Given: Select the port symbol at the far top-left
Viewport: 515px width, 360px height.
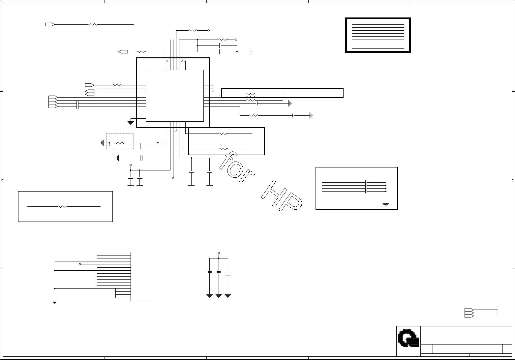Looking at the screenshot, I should [50, 24].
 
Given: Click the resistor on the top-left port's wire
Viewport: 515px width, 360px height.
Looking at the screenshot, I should [93, 24].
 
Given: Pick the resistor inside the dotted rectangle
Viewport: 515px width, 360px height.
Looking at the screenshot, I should [120, 143].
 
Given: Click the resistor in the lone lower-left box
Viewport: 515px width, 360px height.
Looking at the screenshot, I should [62, 206].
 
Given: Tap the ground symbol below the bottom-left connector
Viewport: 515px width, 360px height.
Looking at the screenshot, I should [55, 301].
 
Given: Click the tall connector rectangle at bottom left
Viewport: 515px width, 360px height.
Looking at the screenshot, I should [144, 276].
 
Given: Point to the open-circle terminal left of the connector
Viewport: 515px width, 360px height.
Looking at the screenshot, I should [80, 264].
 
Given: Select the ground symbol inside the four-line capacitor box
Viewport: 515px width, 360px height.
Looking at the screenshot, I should [386, 205].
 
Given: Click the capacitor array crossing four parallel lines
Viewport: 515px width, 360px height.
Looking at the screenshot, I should [366, 187].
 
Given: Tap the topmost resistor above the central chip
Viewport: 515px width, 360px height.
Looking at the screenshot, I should [193, 30].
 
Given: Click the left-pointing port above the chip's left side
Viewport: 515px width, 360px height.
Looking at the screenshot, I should [123, 52].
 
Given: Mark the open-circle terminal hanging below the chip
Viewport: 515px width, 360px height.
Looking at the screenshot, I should [173, 178].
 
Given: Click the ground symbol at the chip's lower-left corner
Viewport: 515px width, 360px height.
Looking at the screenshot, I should [131, 123].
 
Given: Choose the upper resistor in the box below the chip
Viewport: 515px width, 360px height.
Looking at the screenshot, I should [223, 134].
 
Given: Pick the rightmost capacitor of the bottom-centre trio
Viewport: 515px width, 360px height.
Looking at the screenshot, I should [228, 274].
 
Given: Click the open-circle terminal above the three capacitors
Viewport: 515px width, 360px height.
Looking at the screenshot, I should [219, 253].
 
